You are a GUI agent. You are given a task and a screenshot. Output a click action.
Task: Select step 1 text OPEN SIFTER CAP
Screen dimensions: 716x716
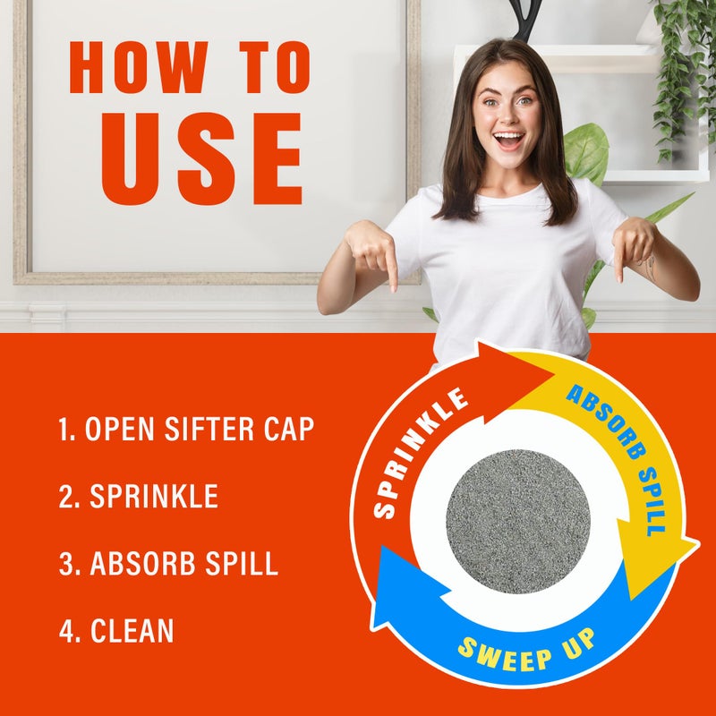186,430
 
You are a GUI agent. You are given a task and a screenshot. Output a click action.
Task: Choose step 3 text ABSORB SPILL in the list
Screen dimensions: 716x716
168,564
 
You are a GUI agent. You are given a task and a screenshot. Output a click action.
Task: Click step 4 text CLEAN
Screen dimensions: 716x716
116,631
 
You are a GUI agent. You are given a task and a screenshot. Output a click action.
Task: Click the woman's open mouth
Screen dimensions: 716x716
508,141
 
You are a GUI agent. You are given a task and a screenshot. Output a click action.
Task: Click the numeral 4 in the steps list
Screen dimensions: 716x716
66,631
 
